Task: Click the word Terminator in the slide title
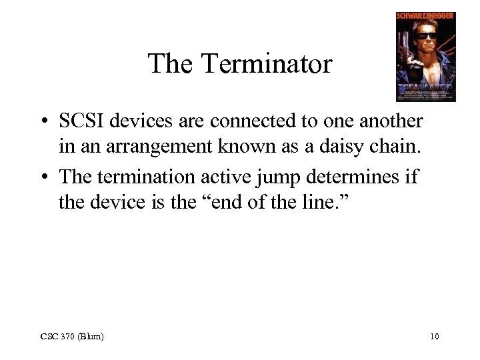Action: pyautogui.click(x=267, y=64)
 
